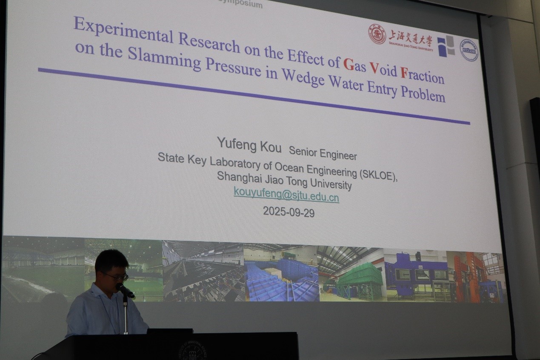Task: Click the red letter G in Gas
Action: click(x=348, y=64)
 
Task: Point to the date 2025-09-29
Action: click(x=289, y=211)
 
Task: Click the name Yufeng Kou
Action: click(x=249, y=144)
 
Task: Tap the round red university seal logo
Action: click(x=377, y=34)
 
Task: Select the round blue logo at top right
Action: click(x=469, y=50)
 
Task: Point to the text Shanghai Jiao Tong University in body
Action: click(x=284, y=180)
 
